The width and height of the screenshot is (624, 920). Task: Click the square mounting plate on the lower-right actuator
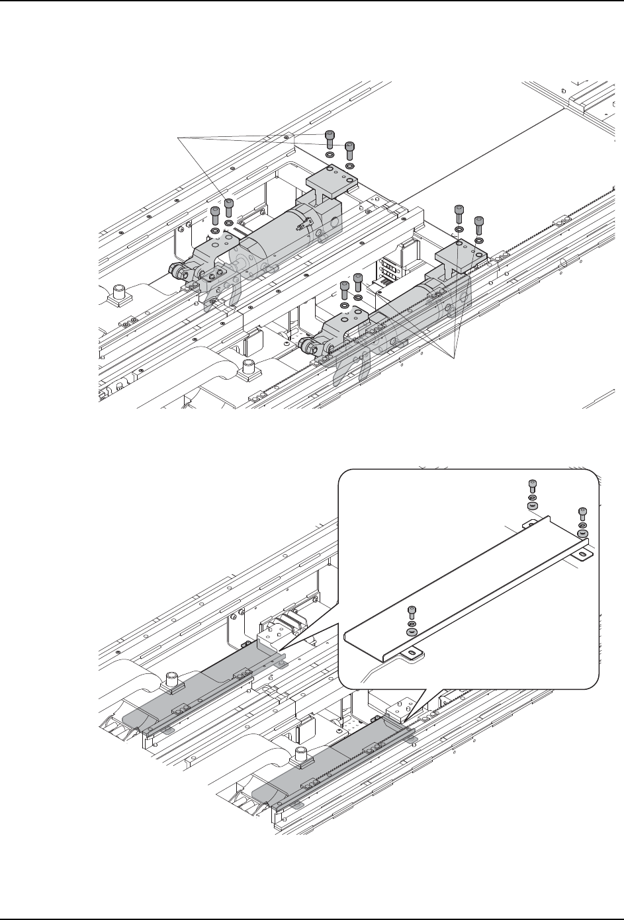point(461,252)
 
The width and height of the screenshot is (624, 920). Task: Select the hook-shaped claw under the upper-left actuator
point(225,295)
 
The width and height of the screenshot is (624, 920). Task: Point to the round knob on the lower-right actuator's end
point(306,344)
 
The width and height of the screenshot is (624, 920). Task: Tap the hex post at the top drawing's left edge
point(120,292)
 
